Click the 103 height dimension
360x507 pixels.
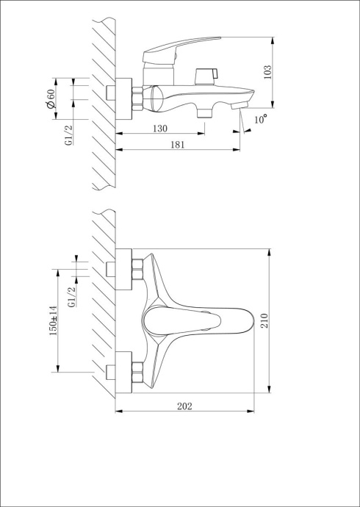pos(267,71)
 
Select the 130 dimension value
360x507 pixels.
pos(159,128)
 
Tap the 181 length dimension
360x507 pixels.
pos(177,145)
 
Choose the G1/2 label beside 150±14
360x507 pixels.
pos(71,301)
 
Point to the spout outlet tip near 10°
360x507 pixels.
pos(236,107)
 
